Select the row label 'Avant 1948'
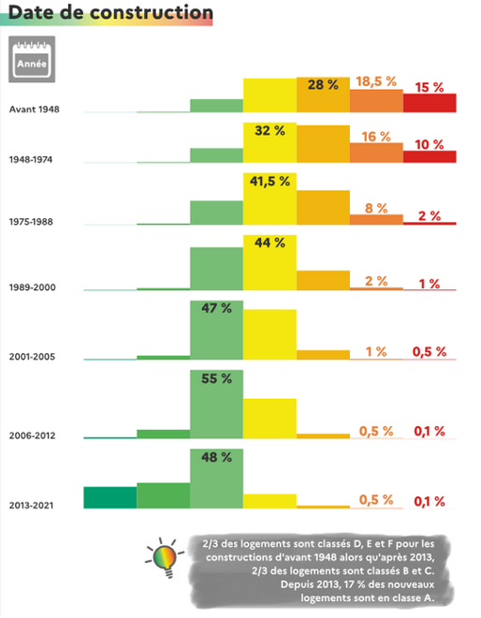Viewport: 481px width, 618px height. [x=34, y=110]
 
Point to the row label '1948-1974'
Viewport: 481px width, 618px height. [x=31, y=159]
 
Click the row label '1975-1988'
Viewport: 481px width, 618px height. [x=31, y=223]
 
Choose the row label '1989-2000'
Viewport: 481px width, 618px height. [x=31, y=286]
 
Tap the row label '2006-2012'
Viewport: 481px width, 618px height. [x=31, y=435]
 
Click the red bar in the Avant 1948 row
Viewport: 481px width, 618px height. [x=430, y=103]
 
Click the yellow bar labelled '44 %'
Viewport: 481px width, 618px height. [x=270, y=267]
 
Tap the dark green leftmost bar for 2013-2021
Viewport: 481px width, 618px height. [x=109, y=497]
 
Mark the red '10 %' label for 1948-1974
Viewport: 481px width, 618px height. [x=430, y=144]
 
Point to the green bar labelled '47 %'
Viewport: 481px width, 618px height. [x=216, y=332]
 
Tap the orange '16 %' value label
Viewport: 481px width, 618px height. [x=376, y=137]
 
